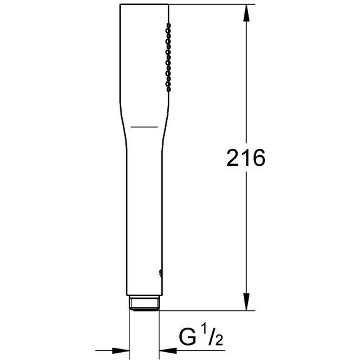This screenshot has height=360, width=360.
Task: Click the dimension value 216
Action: click(246, 158)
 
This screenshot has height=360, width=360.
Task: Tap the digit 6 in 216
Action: click(259, 158)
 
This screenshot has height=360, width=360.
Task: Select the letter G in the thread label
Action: click(188, 337)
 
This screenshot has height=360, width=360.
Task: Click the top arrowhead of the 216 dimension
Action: click(246, 13)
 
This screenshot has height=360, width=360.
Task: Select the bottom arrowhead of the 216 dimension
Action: click(246, 302)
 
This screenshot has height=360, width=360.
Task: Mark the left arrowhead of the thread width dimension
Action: click(121, 351)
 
